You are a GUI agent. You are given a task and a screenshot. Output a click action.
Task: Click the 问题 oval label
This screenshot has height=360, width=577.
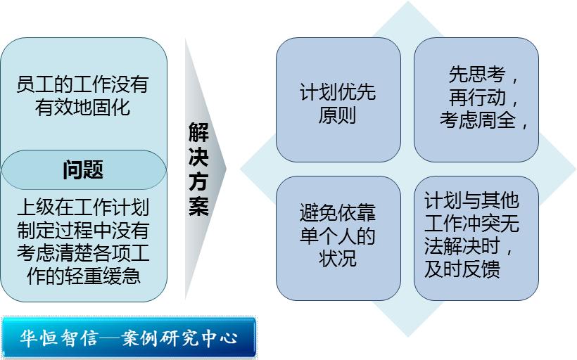83,169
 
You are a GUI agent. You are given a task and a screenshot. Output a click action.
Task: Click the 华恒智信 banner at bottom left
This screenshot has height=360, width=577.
129,338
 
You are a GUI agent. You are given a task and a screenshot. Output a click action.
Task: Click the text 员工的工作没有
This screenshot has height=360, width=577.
82,85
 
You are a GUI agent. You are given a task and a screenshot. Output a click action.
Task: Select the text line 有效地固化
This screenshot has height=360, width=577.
82,108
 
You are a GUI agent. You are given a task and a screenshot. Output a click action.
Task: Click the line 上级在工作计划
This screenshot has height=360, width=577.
82,208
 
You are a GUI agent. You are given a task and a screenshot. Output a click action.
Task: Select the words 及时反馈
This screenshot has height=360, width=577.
462,270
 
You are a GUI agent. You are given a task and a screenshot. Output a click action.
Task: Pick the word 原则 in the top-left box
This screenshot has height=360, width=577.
338,115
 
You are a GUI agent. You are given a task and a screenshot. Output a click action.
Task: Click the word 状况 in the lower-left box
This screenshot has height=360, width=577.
338,258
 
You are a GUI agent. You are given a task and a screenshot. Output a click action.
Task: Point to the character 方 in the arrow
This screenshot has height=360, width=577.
198,181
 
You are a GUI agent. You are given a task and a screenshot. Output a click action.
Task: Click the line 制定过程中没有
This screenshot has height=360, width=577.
82,231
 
